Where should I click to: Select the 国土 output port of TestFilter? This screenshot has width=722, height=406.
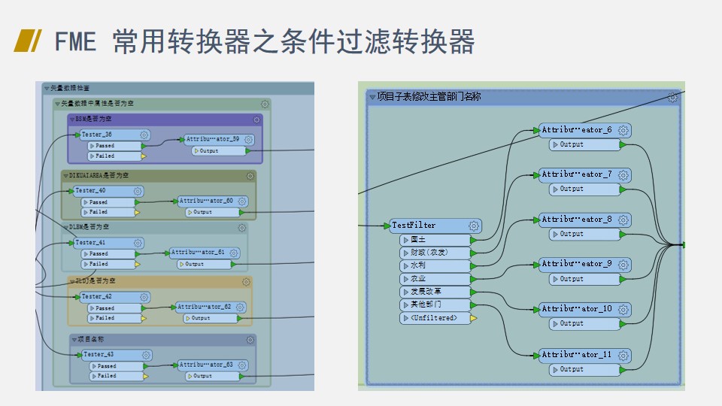click(x=436, y=240)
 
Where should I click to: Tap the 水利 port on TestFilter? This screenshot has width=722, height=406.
click(x=436, y=265)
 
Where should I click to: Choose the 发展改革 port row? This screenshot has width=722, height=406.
click(x=436, y=292)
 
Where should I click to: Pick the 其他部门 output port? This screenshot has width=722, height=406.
click(x=436, y=305)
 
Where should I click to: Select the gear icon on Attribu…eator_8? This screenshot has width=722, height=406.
click(x=623, y=220)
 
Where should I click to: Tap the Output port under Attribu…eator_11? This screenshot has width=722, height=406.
click(x=584, y=369)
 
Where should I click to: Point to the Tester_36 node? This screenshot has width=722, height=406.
click(x=105, y=135)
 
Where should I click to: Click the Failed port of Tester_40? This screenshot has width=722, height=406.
click(x=108, y=212)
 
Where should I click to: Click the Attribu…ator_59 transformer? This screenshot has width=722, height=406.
click(x=212, y=139)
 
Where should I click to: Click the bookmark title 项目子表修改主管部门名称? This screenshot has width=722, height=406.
click(x=429, y=97)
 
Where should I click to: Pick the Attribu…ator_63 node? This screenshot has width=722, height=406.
click(x=206, y=365)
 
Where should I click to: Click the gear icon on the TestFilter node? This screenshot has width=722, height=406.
click(x=473, y=226)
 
